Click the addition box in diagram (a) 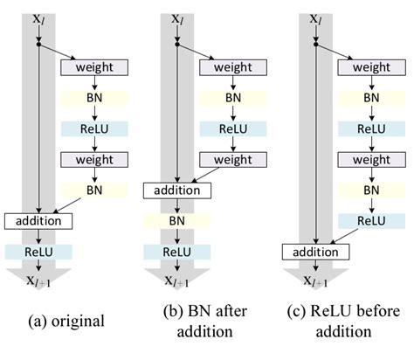click(38, 220)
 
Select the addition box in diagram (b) click(177, 190)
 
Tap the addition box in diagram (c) click(314, 253)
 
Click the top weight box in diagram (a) click(94, 67)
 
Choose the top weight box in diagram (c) click(371, 67)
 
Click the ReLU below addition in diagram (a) click(38, 252)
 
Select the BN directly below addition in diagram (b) click(177, 222)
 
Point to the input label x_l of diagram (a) click(38, 17)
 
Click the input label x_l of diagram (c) click(315, 17)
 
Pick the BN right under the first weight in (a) click(94, 98)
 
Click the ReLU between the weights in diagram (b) click(233, 128)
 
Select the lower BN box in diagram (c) click(371, 190)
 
